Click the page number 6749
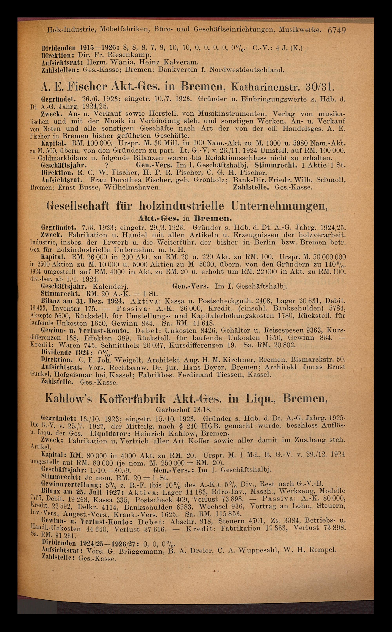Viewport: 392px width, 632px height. pos(337,30)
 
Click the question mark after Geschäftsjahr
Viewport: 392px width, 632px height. pos(106,165)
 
